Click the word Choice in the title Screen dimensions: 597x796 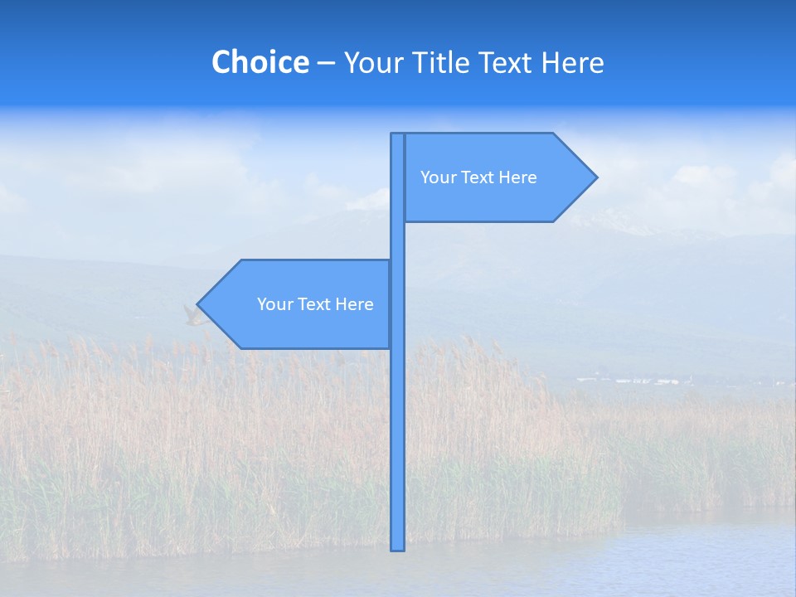tap(260, 63)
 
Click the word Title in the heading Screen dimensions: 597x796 tap(444, 63)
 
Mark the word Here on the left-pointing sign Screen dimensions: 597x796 tap(356, 304)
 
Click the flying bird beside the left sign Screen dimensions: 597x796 tap(192, 315)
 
